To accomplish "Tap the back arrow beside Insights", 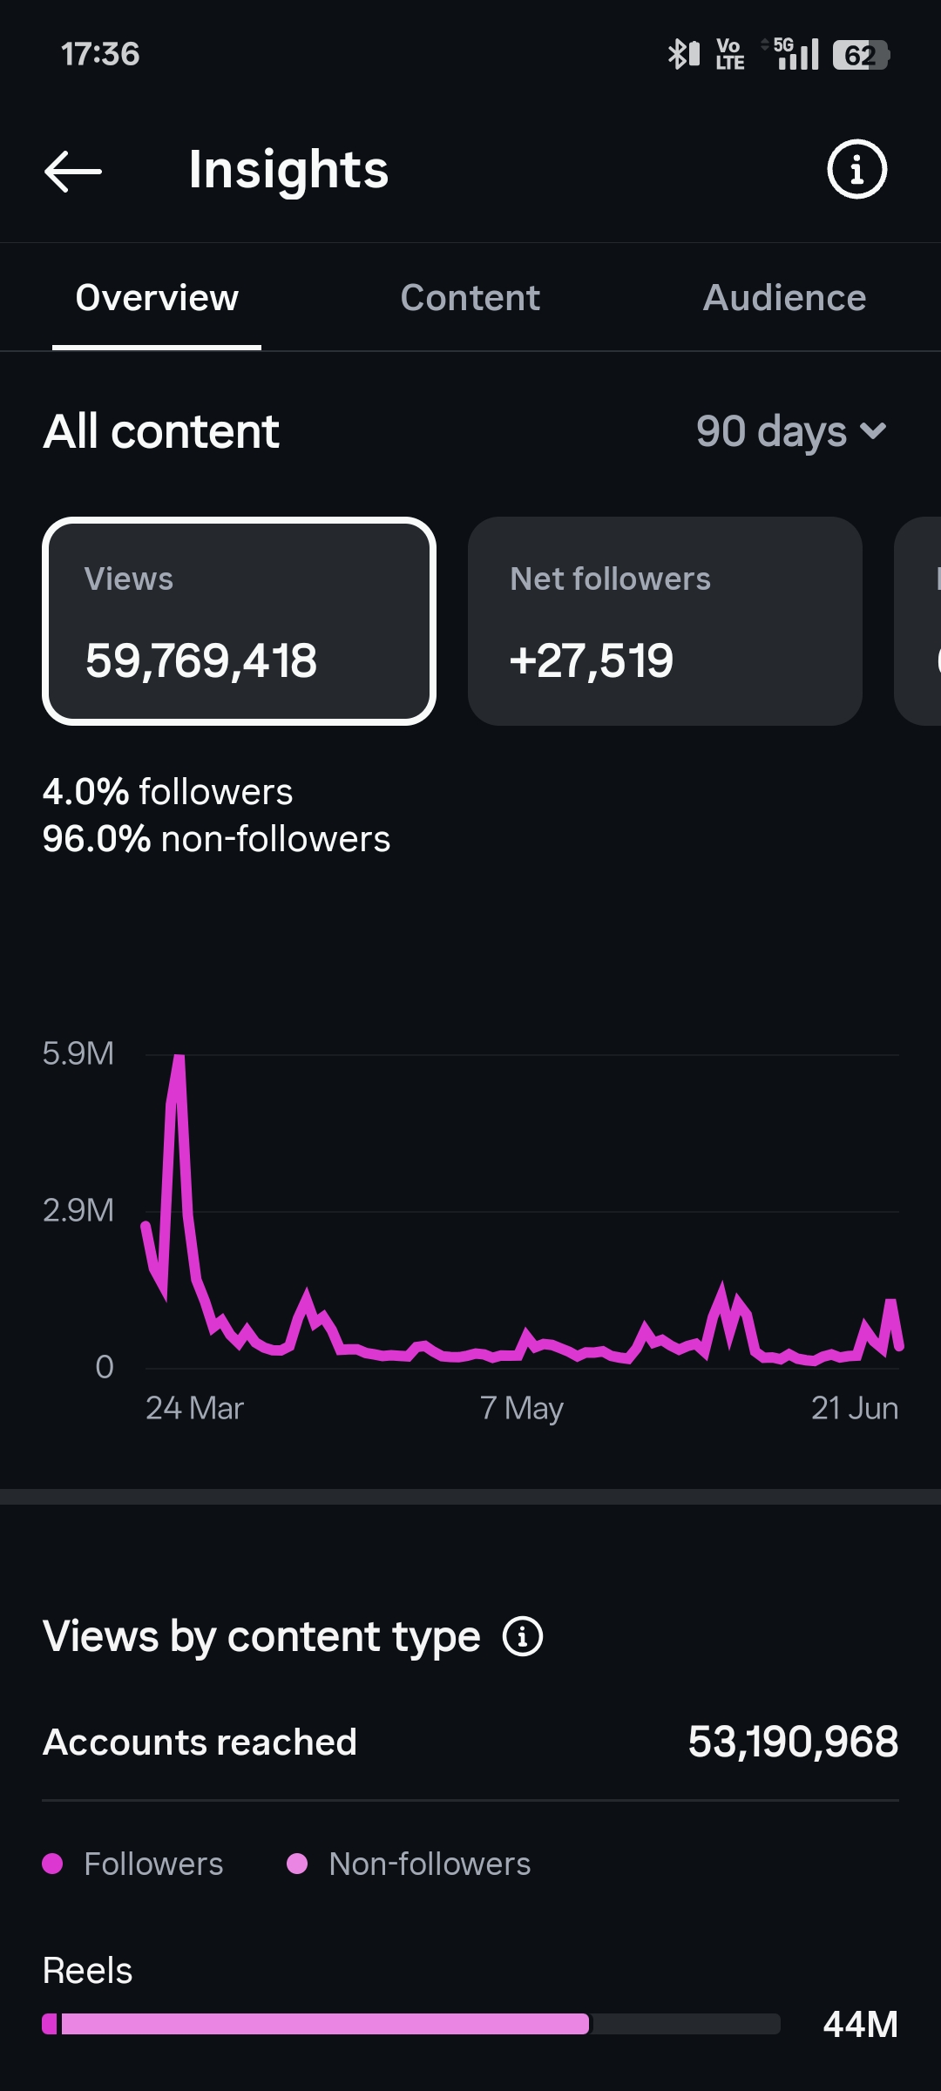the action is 73,171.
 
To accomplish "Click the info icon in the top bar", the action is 856,169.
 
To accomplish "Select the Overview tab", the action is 157,298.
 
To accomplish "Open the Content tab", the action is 470,298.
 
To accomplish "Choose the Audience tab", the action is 784,298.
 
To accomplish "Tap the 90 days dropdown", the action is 791,431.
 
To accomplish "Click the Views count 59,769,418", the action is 201,660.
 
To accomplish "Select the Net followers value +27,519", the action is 592,660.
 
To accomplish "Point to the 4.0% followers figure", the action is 167,792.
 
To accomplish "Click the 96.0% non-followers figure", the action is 216,839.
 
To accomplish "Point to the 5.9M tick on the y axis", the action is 78,1053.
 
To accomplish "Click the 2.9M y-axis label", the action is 78,1210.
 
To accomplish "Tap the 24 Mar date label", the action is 194,1408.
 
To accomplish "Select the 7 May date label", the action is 522,1408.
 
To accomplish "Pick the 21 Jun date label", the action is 855,1408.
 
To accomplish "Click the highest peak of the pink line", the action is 179,1058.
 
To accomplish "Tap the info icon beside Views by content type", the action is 523,1636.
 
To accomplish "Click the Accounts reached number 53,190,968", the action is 793,1742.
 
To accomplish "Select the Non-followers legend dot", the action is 297,1864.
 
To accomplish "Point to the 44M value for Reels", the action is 861,2024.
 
